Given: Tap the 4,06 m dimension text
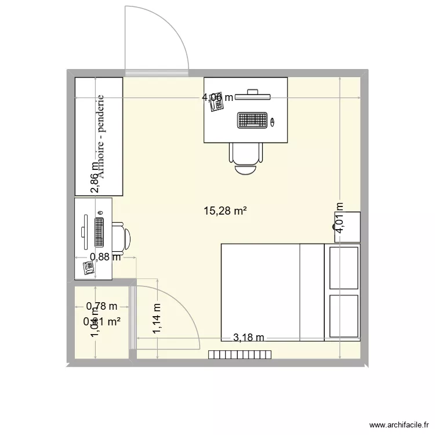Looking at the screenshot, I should click(217, 97).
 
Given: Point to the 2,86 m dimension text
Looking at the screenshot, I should click(95, 177).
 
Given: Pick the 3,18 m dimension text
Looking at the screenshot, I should click(248, 338).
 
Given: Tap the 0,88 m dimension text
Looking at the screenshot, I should click(105, 258).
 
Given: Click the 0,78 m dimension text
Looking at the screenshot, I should click(101, 306).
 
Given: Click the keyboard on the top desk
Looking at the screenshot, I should click(252, 120).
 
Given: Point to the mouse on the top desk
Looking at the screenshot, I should click(272, 121).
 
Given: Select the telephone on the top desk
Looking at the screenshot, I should click(216, 109).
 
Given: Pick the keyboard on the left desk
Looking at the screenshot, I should click(99, 232).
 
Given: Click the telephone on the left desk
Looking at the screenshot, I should click(89, 267).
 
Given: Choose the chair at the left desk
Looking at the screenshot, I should click(121, 237).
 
